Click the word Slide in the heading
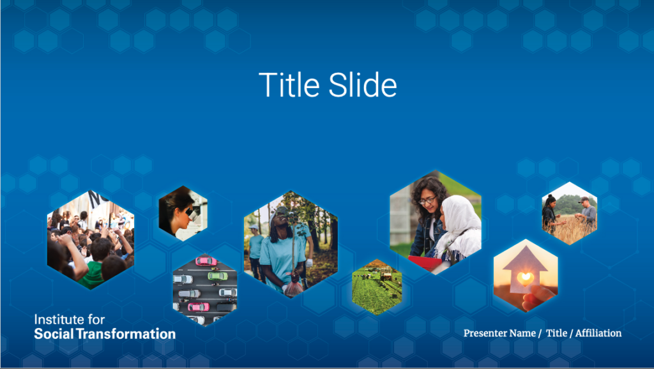363,85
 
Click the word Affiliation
598,333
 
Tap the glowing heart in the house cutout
525,277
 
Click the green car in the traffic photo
218,276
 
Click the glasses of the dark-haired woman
427,200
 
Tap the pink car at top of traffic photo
206,261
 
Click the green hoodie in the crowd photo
93,275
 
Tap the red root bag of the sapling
294,287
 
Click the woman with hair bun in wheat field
549,214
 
